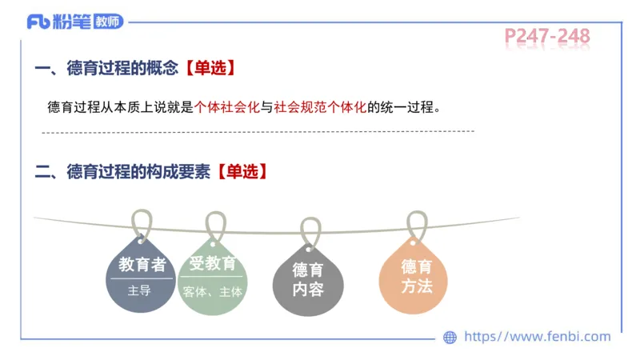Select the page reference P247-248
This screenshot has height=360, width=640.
pos(547,36)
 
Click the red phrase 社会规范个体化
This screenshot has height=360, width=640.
pos(320,107)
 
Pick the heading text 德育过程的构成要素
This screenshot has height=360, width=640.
pos(141,171)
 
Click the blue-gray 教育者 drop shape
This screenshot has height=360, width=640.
pos(141,276)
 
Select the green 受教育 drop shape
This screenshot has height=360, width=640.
pos(212,276)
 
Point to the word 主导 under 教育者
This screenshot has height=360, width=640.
pos(139,291)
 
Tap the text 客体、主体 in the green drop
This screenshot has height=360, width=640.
pos(212,292)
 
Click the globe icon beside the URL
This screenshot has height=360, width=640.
pos(450,338)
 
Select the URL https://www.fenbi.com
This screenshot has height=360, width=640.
pos(538,337)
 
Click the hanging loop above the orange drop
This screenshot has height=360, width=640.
pos(415,225)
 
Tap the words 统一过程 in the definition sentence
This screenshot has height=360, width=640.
pos(410,107)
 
